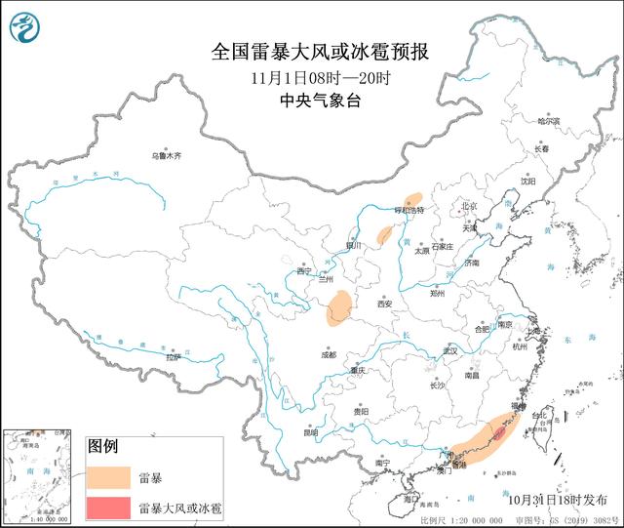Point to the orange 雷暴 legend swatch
click(x=107, y=478)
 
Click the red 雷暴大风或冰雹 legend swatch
click(x=107, y=508)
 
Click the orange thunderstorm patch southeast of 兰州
click(x=340, y=307)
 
